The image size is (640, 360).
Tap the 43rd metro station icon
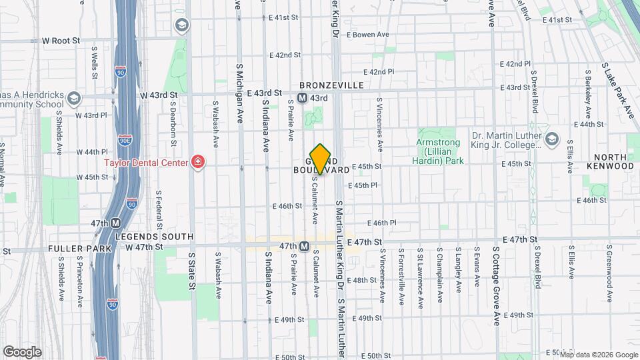(302, 98)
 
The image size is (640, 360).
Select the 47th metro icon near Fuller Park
(115, 223)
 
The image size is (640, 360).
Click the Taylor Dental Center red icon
(197, 161)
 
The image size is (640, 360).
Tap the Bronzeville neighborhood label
(331, 85)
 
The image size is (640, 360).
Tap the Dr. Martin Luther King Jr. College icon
(551, 139)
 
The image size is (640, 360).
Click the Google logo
(21, 352)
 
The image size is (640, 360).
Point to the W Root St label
(61, 41)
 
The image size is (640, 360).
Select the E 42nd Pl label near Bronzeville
(382, 71)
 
